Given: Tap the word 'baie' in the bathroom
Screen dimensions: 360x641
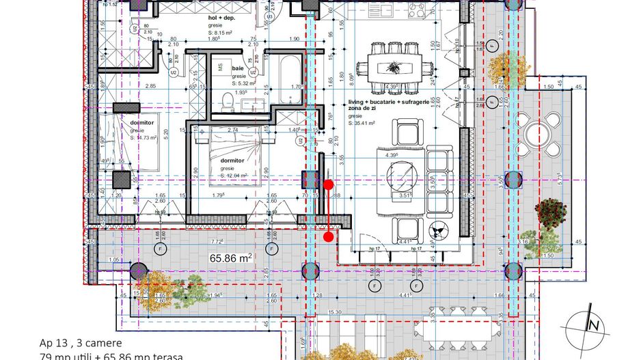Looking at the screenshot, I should pyautogui.click(x=238, y=69).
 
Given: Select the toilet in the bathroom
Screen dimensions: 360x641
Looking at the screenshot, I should pyautogui.click(x=228, y=101).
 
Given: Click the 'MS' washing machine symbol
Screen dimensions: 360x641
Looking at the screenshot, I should pyautogui.click(x=221, y=68).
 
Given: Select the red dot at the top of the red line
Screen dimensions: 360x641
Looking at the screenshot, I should pyautogui.click(x=329, y=184).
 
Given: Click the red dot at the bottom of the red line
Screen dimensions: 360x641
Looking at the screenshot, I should pyautogui.click(x=329, y=238).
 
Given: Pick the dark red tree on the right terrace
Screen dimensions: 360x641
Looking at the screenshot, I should pyautogui.click(x=550, y=213).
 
